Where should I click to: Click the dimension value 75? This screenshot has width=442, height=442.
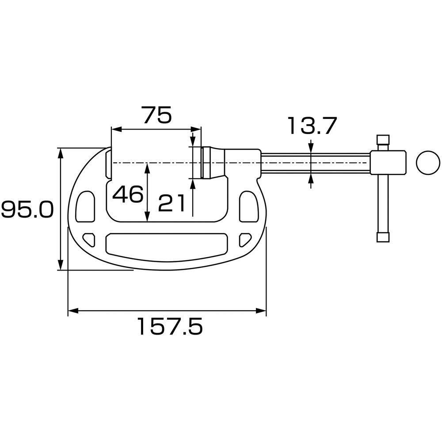(x=157, y=115)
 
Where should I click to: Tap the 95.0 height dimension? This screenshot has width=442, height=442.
(x=27, y=210)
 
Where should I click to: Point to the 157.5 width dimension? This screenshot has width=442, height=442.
(x=171, y=326)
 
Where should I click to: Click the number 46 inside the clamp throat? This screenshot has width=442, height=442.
(x=128, y=194)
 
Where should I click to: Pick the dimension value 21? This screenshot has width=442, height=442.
(x=171, y=203)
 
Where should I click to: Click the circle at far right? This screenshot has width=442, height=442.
(x=428, y=163)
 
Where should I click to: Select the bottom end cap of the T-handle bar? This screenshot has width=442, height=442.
(x=383, y=237)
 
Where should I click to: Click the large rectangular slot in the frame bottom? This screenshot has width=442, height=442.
(x=167, y=244)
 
